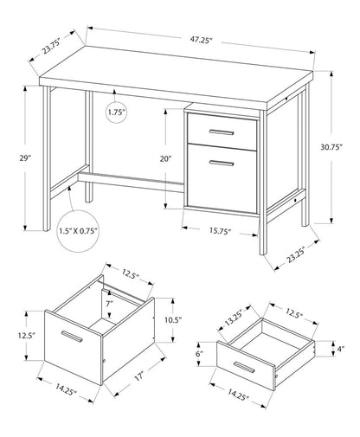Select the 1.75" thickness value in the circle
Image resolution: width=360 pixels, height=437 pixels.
[119, 112]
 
